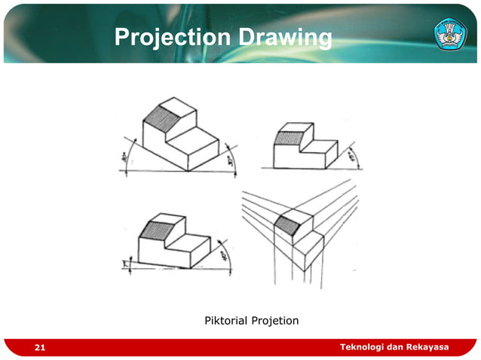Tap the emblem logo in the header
[x=450, y=34]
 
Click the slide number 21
[x=39, y=347]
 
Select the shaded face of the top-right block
[x=286, y=138]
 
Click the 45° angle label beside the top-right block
[x=351, y=157]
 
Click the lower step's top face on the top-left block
[x=193, y=137]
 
